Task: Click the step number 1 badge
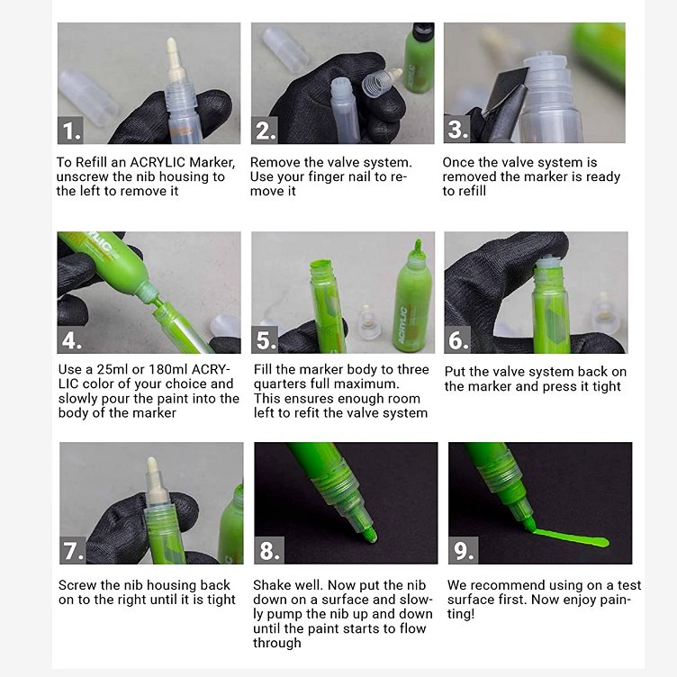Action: [x=70, y=131]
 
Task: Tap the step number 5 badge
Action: [x=265, y=339]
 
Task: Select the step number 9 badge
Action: [x=464, y=550]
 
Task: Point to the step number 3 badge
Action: [x=456, y=129]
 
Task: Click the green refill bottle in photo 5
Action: [x=412, y=297]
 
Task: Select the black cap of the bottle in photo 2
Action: [x=423, y=32]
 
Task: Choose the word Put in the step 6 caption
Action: [x=455, y=372]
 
